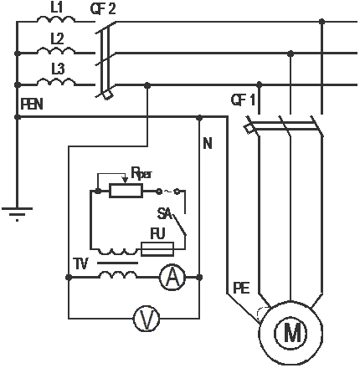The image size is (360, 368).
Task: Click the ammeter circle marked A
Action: (x=172, y=278)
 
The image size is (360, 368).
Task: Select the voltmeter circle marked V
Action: (x=147, y=319)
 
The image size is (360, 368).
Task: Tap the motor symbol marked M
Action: (x=291, y=333)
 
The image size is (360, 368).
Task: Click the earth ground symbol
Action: (x=18, y=214)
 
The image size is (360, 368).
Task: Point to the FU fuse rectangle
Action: (x=157, y=249)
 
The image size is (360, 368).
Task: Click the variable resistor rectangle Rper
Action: (x=126, y=191)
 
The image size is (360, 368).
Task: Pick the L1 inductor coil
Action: (x=56, y=19)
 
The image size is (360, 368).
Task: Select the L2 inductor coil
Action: (x=56, y=50)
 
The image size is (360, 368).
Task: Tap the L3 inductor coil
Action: (x=56, y=82)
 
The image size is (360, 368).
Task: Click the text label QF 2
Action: (x=103, y=8)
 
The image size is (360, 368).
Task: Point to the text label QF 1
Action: (x=243, y=100)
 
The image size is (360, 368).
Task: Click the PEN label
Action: (x=32, y=104)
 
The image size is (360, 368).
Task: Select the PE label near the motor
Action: (x=241, y=288)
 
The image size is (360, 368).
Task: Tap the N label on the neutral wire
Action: (x=208, y=143)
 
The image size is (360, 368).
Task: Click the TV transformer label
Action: (x=81, y=263)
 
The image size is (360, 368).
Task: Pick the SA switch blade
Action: (x=179, y=223)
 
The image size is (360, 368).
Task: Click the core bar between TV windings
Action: (x=118, y=263)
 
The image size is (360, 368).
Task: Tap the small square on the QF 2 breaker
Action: (x=107, y=95)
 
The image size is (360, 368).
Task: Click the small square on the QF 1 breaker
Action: (x=248, y=129)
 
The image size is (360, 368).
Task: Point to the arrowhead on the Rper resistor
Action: (x=126, y=180)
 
